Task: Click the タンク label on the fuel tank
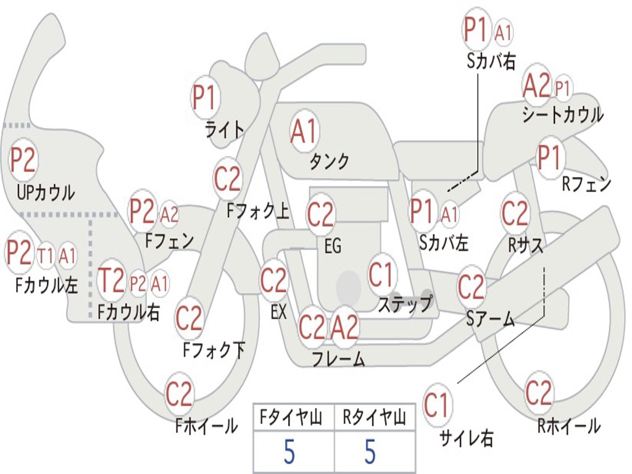pos(329,161)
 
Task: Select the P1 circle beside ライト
pos(205,97)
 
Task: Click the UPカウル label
pos(46,193)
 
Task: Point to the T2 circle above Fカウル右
pos(111,280)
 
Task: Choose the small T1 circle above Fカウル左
pos(45,256)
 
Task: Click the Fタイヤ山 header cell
pos(294,417)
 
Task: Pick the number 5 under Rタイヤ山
pos(370,451)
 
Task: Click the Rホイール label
pos(568,426)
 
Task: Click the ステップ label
pos(405,304)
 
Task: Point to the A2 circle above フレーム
pos(344,326)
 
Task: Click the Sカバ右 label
pos(491,61)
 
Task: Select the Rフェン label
pos(586,185)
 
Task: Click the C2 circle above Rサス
pos(515,213)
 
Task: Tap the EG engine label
pos(333,246)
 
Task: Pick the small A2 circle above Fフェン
pos(169,214)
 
